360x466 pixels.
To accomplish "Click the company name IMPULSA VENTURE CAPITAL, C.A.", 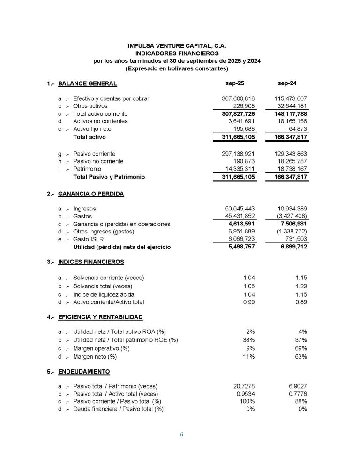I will point(180,46).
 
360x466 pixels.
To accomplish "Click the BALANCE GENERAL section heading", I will point(87,84).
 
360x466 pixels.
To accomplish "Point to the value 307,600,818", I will point(238,99).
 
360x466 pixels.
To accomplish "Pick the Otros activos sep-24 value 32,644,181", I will point(290,106).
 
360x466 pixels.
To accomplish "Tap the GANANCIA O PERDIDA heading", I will point(91,194).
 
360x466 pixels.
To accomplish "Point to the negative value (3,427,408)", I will point(288,217).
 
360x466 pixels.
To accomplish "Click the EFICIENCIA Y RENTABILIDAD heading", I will point(100,317).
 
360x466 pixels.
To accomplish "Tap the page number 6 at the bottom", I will point(181,435).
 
